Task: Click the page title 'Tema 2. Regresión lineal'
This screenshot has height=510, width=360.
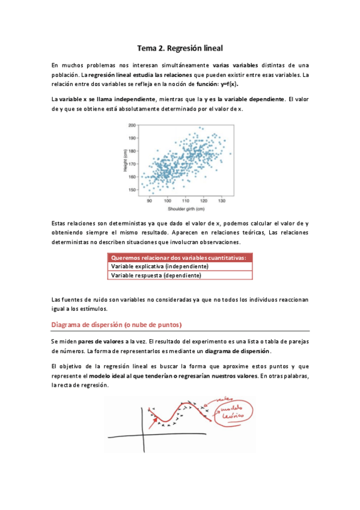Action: tap(180, 46)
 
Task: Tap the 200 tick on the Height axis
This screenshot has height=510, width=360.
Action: tap(132, 125)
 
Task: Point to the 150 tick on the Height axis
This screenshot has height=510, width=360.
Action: tap(132, 189)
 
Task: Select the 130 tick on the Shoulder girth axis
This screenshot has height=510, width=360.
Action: tap(222, 201)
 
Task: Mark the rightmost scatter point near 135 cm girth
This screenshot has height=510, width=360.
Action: tap(230, 153)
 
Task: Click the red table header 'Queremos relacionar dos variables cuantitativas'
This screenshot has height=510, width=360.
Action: tap(178, 257)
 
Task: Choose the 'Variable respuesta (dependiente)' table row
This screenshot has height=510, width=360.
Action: tap(156, 275)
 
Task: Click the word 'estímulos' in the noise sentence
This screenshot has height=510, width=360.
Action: tap(93, 309)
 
